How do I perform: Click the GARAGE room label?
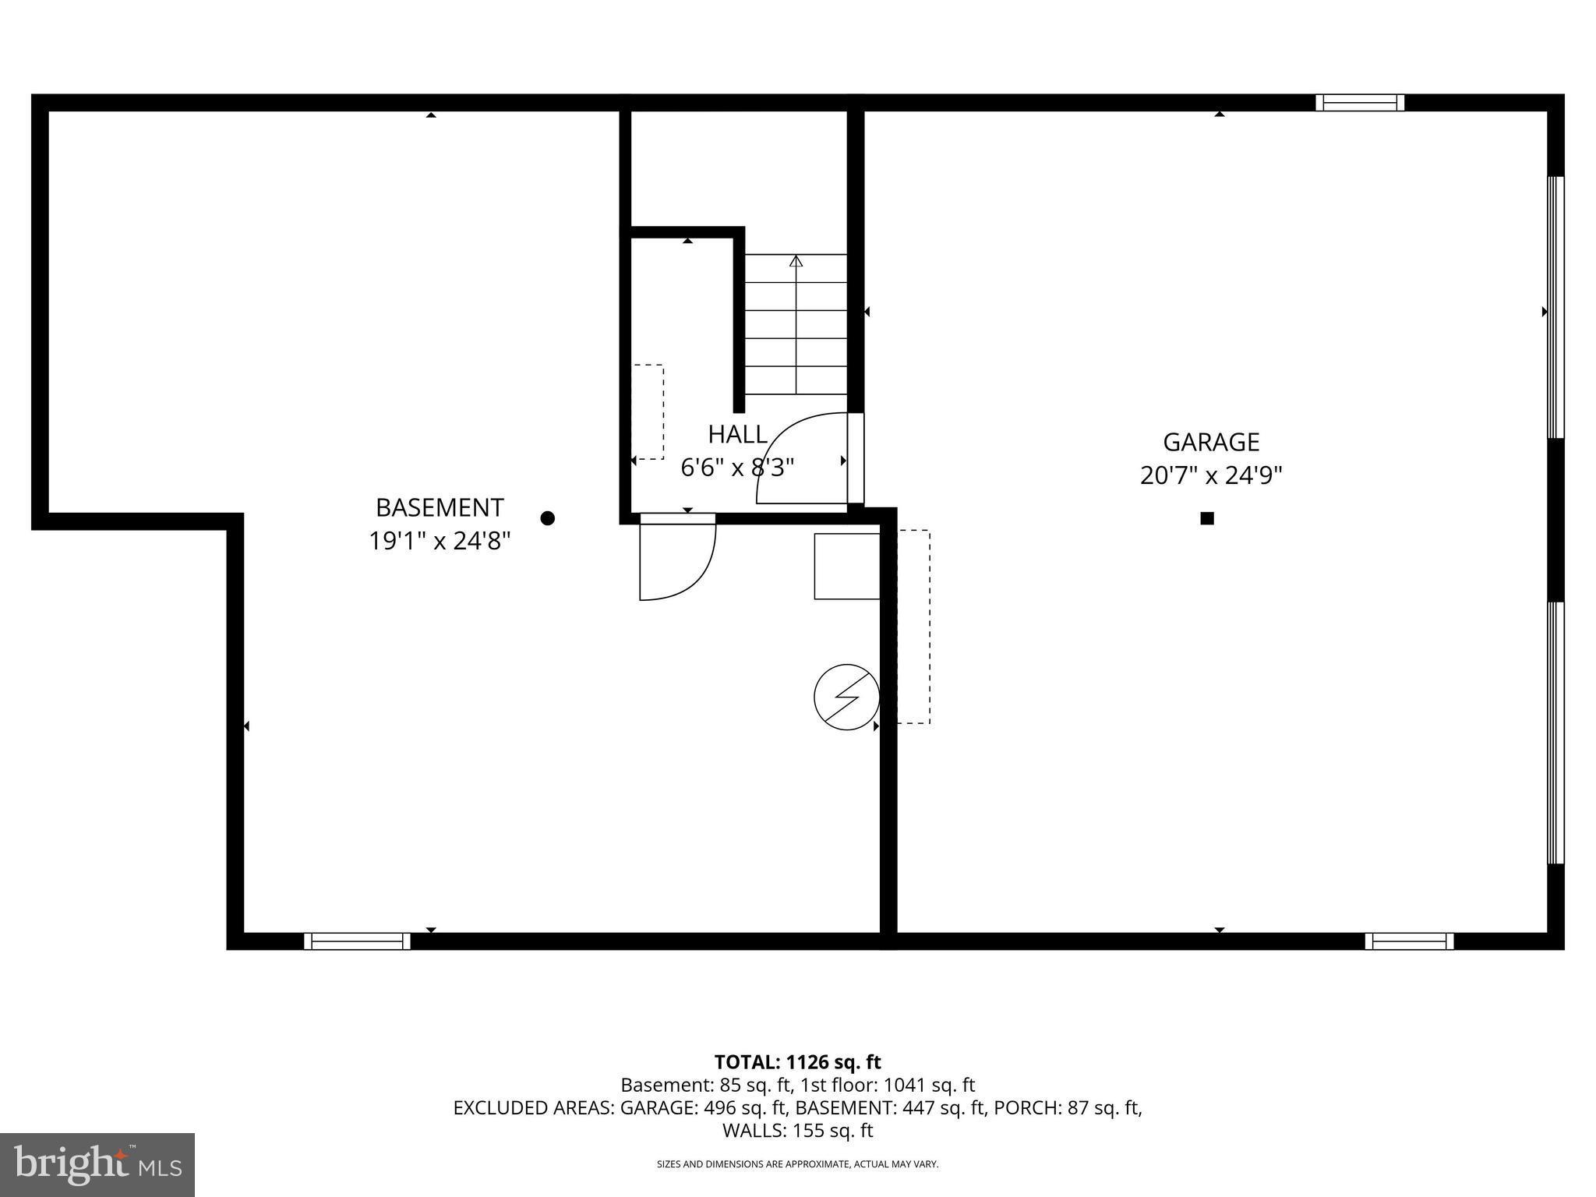[x=1211, y=443]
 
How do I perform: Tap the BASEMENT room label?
[x=440, y=508]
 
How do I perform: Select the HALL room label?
[x=737, y=434]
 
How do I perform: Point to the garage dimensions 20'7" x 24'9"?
[x=1211, y=475]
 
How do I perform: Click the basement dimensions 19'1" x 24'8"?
[x=440, y=541]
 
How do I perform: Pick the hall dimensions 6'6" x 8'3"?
[x=737, y=468]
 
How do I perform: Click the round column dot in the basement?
[x=548, y=518]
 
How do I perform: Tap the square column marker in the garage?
[x=1207, y=518]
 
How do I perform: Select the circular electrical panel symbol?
[x=847, y=697]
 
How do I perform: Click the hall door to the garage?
[x=803, y=460]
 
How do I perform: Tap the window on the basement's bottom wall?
[x=357, y=941]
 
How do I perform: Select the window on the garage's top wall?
[x=1360, y=103]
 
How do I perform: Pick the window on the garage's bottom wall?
[x=1409, y=941]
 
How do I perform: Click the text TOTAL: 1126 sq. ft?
[x=797, y=1062]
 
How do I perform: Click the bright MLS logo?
[x=97, y=1164]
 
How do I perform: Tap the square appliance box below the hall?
[x=847, y=567]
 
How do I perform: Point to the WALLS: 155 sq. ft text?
[x=797, y=1131]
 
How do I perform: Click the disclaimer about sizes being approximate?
[x=797, y=1164]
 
